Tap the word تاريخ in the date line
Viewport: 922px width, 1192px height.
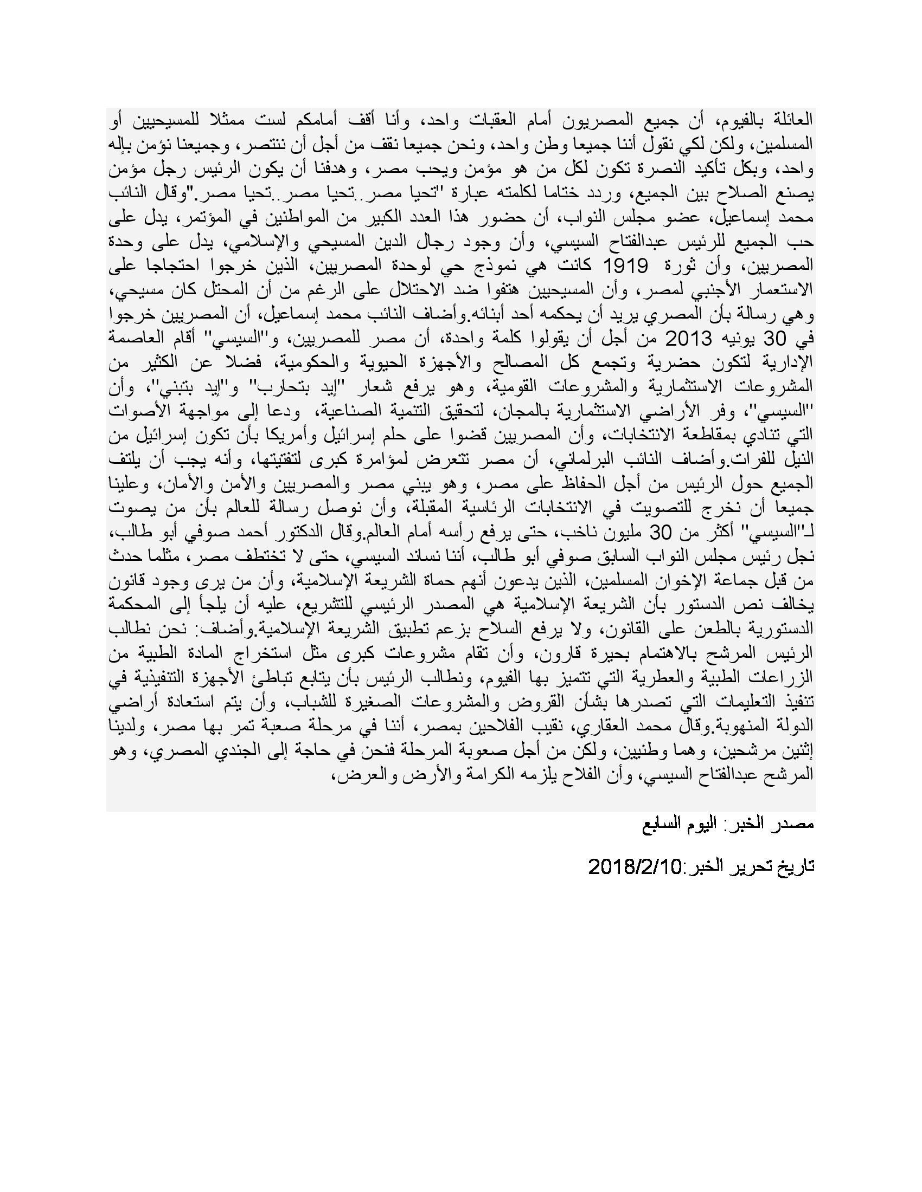[795, 866]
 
